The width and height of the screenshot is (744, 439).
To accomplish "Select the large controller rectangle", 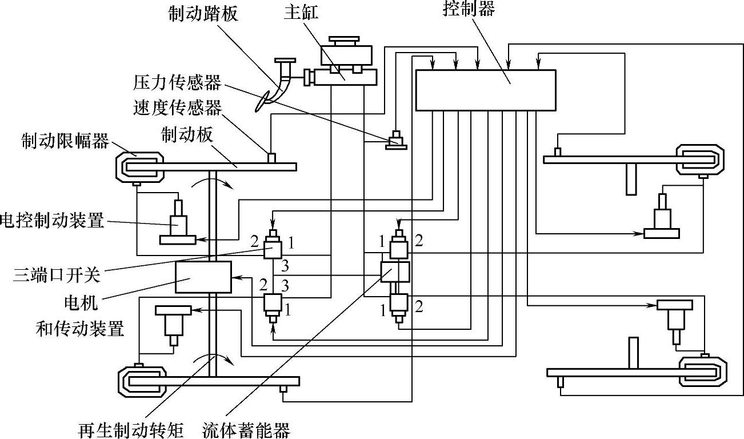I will point(485,90).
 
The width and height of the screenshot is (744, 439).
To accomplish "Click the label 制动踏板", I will point(203,14).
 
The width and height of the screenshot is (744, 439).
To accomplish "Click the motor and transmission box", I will point(203,277).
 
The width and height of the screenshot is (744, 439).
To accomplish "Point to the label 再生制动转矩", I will point(131,429).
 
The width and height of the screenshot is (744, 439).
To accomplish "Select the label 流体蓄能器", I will point(246,429).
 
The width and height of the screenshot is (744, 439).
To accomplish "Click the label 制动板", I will point(187,135).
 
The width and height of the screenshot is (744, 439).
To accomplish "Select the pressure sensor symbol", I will point(395,140).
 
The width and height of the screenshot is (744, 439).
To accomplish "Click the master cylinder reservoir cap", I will point(343,42).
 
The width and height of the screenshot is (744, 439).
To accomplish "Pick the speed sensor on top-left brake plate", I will point(272,157).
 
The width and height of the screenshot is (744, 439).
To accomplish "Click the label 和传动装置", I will point(80,329).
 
